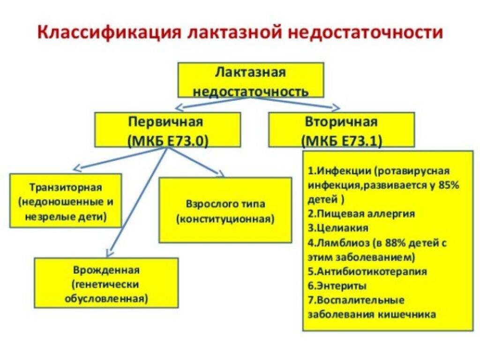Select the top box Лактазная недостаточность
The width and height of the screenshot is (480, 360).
tap(251, 80)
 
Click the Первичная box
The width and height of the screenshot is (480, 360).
tap(167, 130)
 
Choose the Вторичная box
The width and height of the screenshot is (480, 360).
tap(342, 130)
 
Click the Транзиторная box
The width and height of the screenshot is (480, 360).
tap(66, 201)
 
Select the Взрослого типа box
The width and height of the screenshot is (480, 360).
tap(225, 210)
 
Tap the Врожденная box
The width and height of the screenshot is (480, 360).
tap(106, 283)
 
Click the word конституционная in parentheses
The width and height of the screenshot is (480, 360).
tap(225, 219)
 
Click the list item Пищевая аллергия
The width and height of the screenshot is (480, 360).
tap(361, 213)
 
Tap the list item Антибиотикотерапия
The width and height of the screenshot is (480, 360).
tap(367, 271)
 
